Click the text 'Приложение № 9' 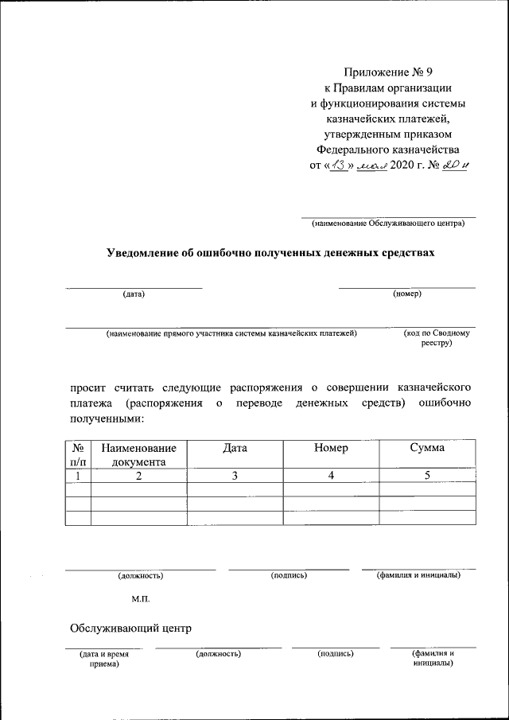(387, 74)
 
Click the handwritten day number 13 (339, 165)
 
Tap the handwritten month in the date (371, 165)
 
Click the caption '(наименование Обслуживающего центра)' (387, 224)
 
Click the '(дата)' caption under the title (134, 294)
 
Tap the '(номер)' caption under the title (407, 294)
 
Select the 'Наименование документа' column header (139, 454)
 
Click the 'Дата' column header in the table (235, 448)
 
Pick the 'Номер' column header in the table (331, 448)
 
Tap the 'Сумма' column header (427, 448)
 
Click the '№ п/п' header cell (78, 454)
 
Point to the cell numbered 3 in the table (235, 475)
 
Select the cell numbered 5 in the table (427, 475)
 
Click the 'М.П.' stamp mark (141, 597)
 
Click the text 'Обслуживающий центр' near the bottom (131, 628)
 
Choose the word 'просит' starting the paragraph (89, 387)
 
